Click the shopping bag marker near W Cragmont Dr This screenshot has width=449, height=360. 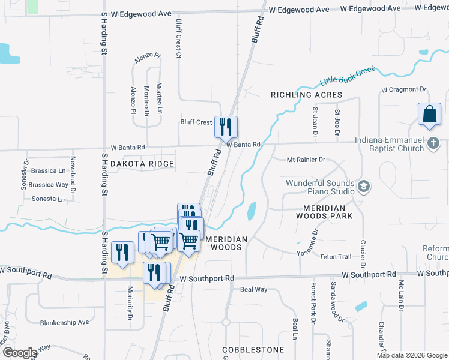[430, 115]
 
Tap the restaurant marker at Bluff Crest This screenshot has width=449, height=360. [226, 127]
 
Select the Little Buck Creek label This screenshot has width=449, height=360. [348, 76]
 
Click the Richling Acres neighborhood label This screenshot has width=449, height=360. [306, 95]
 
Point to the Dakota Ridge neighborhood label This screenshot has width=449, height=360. [142, 164]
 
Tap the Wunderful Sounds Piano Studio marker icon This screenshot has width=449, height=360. [363, 187]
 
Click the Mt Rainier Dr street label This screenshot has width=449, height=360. [306, 160]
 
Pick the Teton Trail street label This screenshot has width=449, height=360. [337, 257]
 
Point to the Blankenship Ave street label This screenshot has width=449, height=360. [64, 322]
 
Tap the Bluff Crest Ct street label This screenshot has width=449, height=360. [178, 37]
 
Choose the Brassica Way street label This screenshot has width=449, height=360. [49, 185]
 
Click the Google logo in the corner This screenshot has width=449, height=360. [20, 353]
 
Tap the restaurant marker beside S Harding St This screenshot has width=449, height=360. [122, 253]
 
